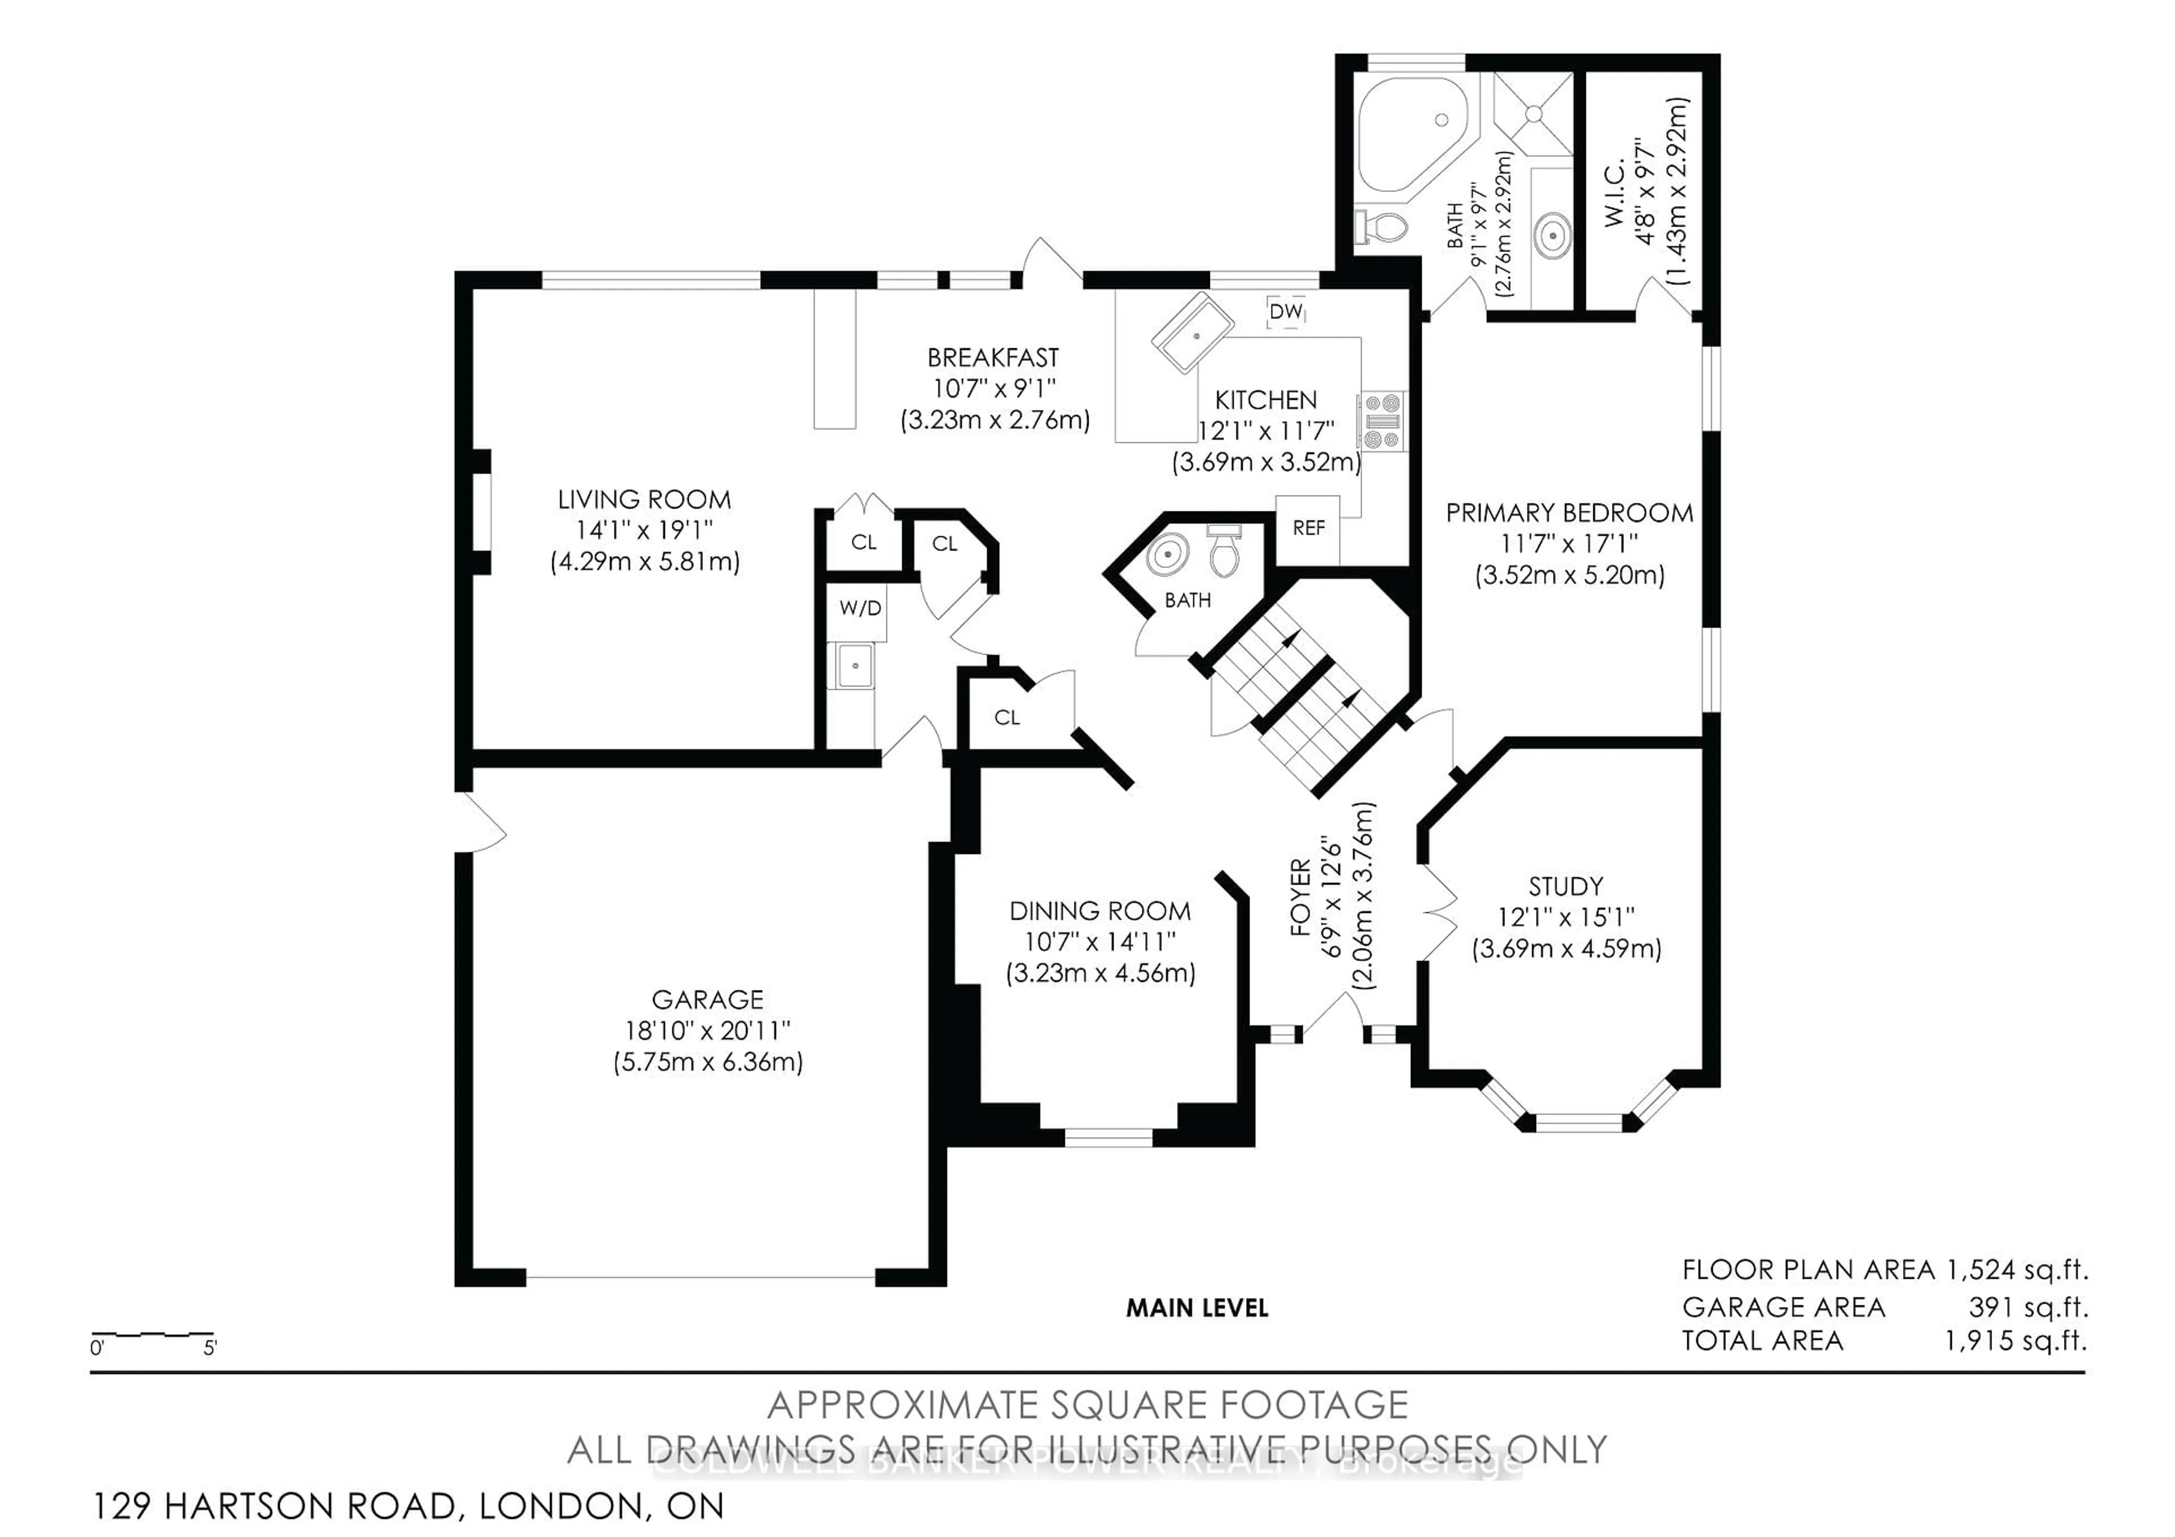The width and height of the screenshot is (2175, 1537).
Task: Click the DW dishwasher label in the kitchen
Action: click(x=1286, y=311)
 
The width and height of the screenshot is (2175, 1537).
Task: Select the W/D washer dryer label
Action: click(x=860, y=608)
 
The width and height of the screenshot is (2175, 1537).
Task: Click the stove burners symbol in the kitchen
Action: click(x=1383, y=421)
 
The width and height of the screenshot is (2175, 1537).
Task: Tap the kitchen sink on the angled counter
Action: click(x=1193, y=334)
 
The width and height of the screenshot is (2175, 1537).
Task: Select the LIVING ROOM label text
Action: click(x=644, y=500)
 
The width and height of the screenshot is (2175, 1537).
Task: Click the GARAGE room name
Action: click(x=707, y=1000)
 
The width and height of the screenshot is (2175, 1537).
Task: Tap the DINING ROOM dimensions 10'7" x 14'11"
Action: click(x=1100, y=942)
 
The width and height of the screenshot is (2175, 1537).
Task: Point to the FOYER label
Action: click(x=1300, y=897)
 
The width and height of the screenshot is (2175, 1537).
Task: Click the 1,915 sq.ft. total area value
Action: click(x=2016, y=1341)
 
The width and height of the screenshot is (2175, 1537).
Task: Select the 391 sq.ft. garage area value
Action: click(x=2028, y=1308)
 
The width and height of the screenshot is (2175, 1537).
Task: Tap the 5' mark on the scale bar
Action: click(x=210, y=1348)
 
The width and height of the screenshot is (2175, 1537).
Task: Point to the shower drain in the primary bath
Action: click(x=1534, y=114)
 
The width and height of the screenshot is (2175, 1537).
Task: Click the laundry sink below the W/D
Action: click(x=855, y=666)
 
